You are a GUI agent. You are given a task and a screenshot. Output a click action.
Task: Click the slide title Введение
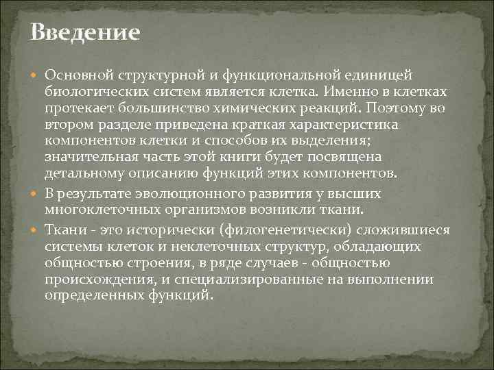[85, 32]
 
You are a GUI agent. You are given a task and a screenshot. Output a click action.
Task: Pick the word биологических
[93, 91]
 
